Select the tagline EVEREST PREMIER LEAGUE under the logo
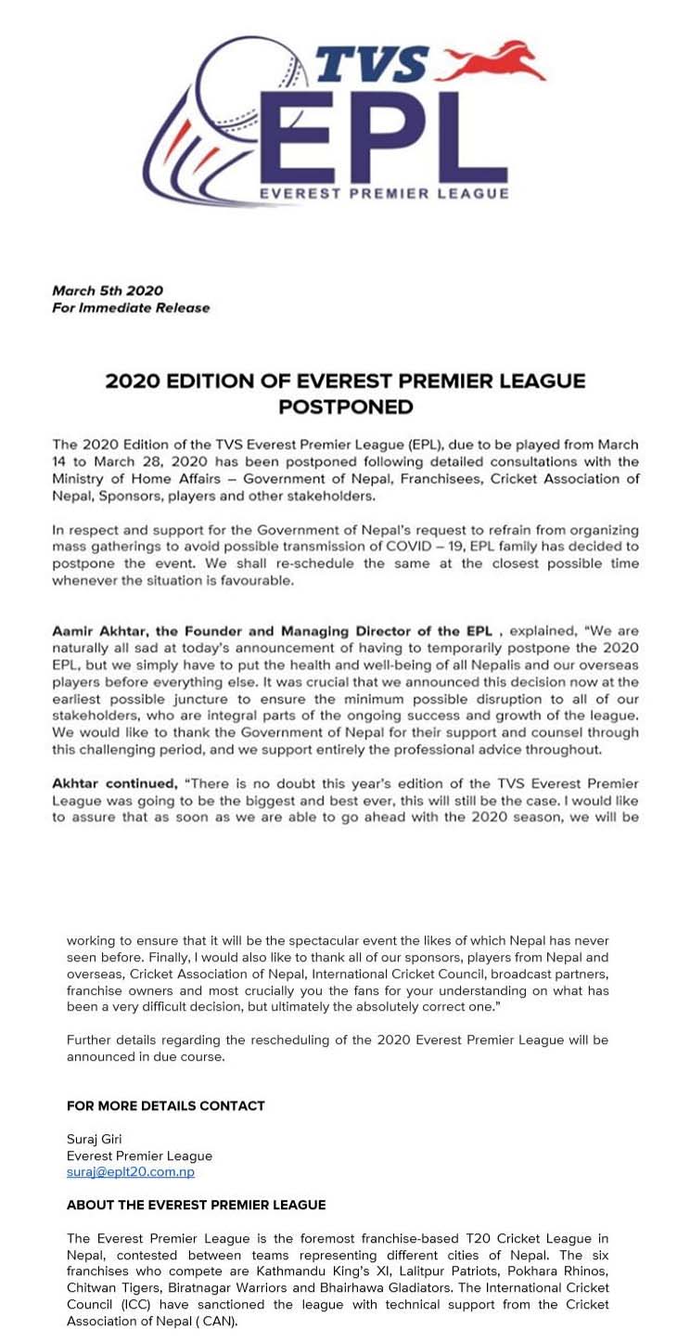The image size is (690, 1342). click(x=384, y=193)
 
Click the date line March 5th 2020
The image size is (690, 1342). click(x=108, y=290)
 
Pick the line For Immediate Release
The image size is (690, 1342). click(x=131, y=307)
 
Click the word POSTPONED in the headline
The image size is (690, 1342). click(x=345, y=406)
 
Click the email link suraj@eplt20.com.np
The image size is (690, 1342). click(x=131, y=1171)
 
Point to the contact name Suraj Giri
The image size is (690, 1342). click(x=95, y=1139)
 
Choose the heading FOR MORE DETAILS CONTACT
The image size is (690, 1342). click(x=166, y=1105)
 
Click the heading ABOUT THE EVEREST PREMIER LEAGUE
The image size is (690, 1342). click(x=196, y=1205)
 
